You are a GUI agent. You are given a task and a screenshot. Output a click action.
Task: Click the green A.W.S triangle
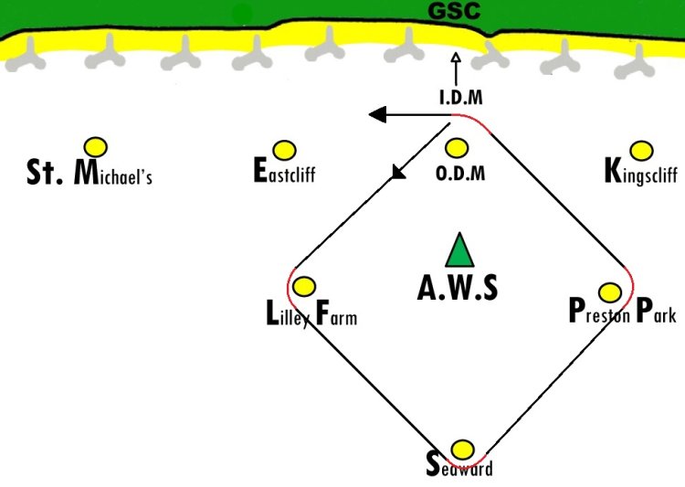click(459, 252)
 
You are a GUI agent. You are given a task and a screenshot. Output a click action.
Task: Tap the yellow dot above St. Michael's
click(95, 146)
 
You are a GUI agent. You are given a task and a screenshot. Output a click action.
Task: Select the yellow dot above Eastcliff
click(284, 149)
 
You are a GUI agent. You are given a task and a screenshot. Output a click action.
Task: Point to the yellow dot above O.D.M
click(457, 147)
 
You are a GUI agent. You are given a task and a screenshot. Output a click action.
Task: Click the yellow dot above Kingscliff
click(642, 149)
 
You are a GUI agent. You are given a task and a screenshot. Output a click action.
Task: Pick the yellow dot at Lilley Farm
click(304, 286)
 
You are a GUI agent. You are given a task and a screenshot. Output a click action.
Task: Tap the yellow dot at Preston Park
click(609, 292)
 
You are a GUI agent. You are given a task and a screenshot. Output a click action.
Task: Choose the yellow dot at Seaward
click(463, 450)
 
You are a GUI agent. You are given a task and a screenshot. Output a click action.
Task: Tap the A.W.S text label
click(458, 288)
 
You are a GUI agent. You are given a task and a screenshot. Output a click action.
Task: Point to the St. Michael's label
click(89, 173)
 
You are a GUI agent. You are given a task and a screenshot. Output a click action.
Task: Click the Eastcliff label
click(284, 171)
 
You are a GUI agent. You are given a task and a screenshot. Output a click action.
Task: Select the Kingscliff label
click(640, 171)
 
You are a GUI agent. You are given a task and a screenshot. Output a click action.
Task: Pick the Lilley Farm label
click(311, 316)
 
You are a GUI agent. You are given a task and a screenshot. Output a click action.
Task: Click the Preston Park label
click(622, 312)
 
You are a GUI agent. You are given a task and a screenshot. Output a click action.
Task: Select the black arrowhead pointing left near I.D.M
click(376, 114)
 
